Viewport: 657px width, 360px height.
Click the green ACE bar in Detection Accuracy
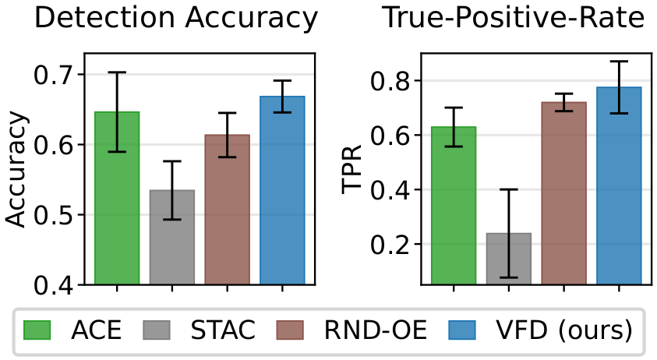[117, 198]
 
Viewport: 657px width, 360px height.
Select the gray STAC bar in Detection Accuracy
[171, 237]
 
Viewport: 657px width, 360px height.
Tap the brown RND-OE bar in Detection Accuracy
[227, 210]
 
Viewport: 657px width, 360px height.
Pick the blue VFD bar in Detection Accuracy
[282, 191]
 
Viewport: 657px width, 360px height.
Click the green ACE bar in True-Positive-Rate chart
[454, 206]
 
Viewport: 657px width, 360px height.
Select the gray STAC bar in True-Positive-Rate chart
[509, 259]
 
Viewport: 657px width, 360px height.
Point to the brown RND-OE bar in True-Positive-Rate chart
[564, 193]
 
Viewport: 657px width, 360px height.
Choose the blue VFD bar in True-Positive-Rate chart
[620, 185]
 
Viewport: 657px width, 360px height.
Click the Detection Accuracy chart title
[176, 18]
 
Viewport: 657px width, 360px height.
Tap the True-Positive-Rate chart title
[514, 17]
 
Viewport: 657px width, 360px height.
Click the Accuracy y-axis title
[17, 169]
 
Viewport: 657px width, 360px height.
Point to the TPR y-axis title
[351, 169]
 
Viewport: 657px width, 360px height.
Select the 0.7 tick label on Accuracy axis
[54, 75]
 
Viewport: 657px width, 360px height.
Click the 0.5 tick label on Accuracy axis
[54, 215]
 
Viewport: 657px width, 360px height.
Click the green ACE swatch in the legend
[37, 330]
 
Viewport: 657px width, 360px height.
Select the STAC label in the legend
[223, 330]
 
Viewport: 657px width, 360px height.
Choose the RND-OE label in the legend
[376, 330]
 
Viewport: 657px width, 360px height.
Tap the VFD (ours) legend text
[564, 330]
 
